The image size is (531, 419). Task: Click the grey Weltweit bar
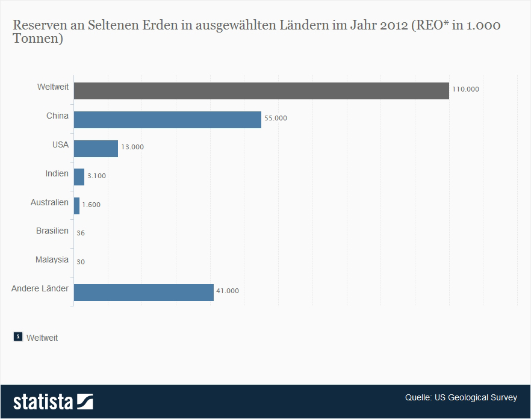tap(261, 90)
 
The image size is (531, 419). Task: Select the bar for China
tap(167, 119)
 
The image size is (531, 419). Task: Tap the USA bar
tap(96, 148)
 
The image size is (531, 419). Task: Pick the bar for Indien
tap(79, 177)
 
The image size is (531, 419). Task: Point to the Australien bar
tap(76, 206)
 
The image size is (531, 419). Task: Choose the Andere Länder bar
tap(143, 293)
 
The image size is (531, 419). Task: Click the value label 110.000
tap(465, 89)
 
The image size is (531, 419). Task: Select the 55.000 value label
tap(275, 118)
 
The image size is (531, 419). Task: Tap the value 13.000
tap(132, 147)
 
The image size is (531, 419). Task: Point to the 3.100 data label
tap(97, 176)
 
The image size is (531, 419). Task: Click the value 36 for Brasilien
tap(81, 233)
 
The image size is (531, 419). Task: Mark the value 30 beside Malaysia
tap(81, 262)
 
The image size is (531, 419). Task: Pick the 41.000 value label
tap(228, 291)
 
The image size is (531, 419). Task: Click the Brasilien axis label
tap(52, 231)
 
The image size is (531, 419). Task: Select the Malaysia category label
tap(52, 259)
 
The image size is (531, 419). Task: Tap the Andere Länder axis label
tap(40, 288)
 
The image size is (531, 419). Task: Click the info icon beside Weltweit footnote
tap(18, 337)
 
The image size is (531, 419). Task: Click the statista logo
tap(53, 402)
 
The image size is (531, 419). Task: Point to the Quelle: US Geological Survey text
tap(461, 397)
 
